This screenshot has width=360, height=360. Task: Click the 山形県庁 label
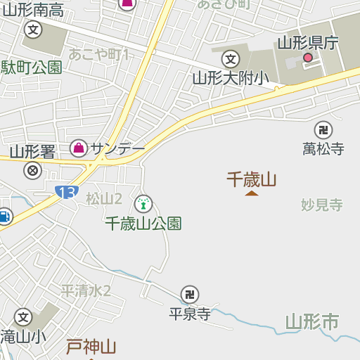click(x=307, y=43)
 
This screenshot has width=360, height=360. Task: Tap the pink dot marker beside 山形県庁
click(x=307, y=58)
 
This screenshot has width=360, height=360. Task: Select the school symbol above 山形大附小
click(x=230, y=59)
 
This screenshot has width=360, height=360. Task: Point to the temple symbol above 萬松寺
click(x=323, y=129)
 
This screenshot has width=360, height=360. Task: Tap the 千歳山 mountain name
click(x=251, y=179)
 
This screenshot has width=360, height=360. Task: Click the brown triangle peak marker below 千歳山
click(x=251, y=193)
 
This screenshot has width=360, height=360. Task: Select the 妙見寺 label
click(x=321, y=205)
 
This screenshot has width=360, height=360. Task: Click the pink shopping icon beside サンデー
click(x=79, y=148)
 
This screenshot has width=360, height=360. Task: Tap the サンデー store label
click(x=117, y=148)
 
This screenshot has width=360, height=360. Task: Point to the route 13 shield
click(x=66, y=192)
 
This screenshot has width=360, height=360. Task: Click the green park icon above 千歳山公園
click(x=143, y=204)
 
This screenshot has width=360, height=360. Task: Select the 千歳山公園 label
click(x=143, y=223)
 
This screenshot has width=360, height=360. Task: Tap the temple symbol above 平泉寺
click(x=189, y=295)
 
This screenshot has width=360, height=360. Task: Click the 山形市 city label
click(x=312, y=323)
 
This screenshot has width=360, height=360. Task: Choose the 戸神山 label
click(x=91, y=346)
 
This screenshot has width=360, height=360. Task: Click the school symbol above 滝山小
click(x=23, y=317)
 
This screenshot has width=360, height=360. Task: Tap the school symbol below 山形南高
click(x=32, y=30)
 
